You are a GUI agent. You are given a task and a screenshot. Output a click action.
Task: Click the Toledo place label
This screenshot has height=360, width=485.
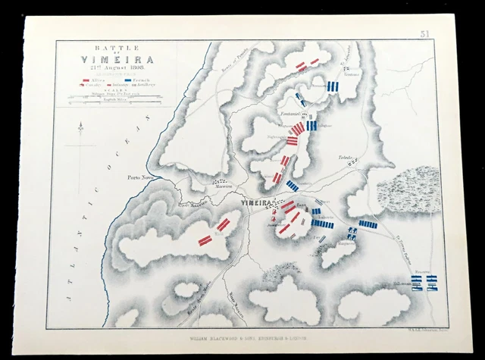click(346, 158)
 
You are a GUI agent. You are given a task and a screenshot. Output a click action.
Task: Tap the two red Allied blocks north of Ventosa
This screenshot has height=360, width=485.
click(308, 64)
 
